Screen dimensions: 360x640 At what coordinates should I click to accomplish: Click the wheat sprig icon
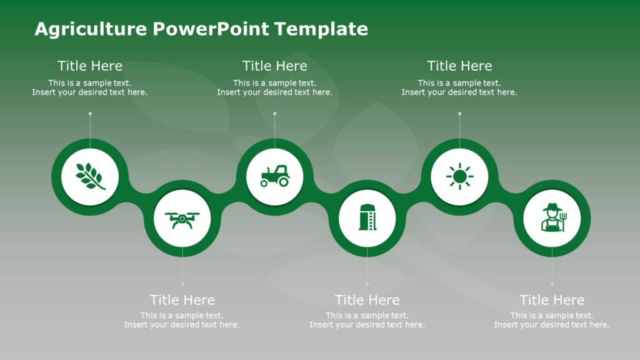click(x=90, y=176)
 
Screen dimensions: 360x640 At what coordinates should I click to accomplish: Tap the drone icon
click(x=182, y=219)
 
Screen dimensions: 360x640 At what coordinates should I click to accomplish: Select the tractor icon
click(x=275, y=176)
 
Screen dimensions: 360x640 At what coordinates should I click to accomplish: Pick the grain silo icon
click(x=367, y=217)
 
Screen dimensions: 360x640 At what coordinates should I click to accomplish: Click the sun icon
click(x=460, y=176)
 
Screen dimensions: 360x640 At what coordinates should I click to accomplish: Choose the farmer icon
click(x=552, y=217)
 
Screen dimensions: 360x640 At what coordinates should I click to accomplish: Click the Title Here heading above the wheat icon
click(x=90, y=66)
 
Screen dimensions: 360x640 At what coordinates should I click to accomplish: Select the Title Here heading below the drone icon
click(x=182, y=300)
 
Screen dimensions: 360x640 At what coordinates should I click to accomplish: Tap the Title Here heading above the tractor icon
click(x=275, y=66)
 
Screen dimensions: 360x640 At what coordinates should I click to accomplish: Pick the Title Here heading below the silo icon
click(x=367, y=300)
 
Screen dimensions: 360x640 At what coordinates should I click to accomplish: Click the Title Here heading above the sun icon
click(x=460, y=66)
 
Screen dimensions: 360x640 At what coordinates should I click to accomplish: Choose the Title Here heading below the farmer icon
click(x=552, y=300)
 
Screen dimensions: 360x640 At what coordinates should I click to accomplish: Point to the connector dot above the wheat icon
click(x=90, y=114)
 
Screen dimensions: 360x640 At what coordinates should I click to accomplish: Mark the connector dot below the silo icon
click(x=367, y=284)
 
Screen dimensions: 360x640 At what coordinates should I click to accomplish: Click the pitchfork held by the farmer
click(x=562, y=220)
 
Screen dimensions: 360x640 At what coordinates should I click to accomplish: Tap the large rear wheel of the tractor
click(x=283, y=181)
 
